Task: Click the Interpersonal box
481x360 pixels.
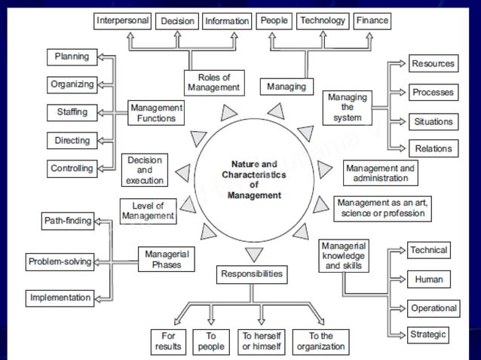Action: click(122, 21)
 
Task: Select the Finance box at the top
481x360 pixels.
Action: click(372, 21)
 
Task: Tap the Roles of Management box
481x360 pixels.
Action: click(213, 83)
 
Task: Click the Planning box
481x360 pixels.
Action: click(72, 56)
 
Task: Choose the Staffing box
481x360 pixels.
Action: click(72, 112)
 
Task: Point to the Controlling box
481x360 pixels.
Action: click(72, 169)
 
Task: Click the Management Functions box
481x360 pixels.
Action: click(156, 113)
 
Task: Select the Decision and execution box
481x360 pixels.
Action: click(145, 171)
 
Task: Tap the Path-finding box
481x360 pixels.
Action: click(68, 221)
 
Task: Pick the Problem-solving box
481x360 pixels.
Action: click(60, 262)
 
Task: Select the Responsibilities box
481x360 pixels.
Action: click(252, 275)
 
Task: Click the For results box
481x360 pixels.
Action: click(167, 341)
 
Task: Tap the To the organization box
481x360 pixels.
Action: click(320, 341)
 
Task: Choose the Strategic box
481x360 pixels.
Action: click(428, 334)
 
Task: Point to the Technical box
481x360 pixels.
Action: click(428, 250)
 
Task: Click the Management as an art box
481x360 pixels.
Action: click(381, 209)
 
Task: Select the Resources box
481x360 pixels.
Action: click(433, 64)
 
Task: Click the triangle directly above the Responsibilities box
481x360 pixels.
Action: click(255, 254)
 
